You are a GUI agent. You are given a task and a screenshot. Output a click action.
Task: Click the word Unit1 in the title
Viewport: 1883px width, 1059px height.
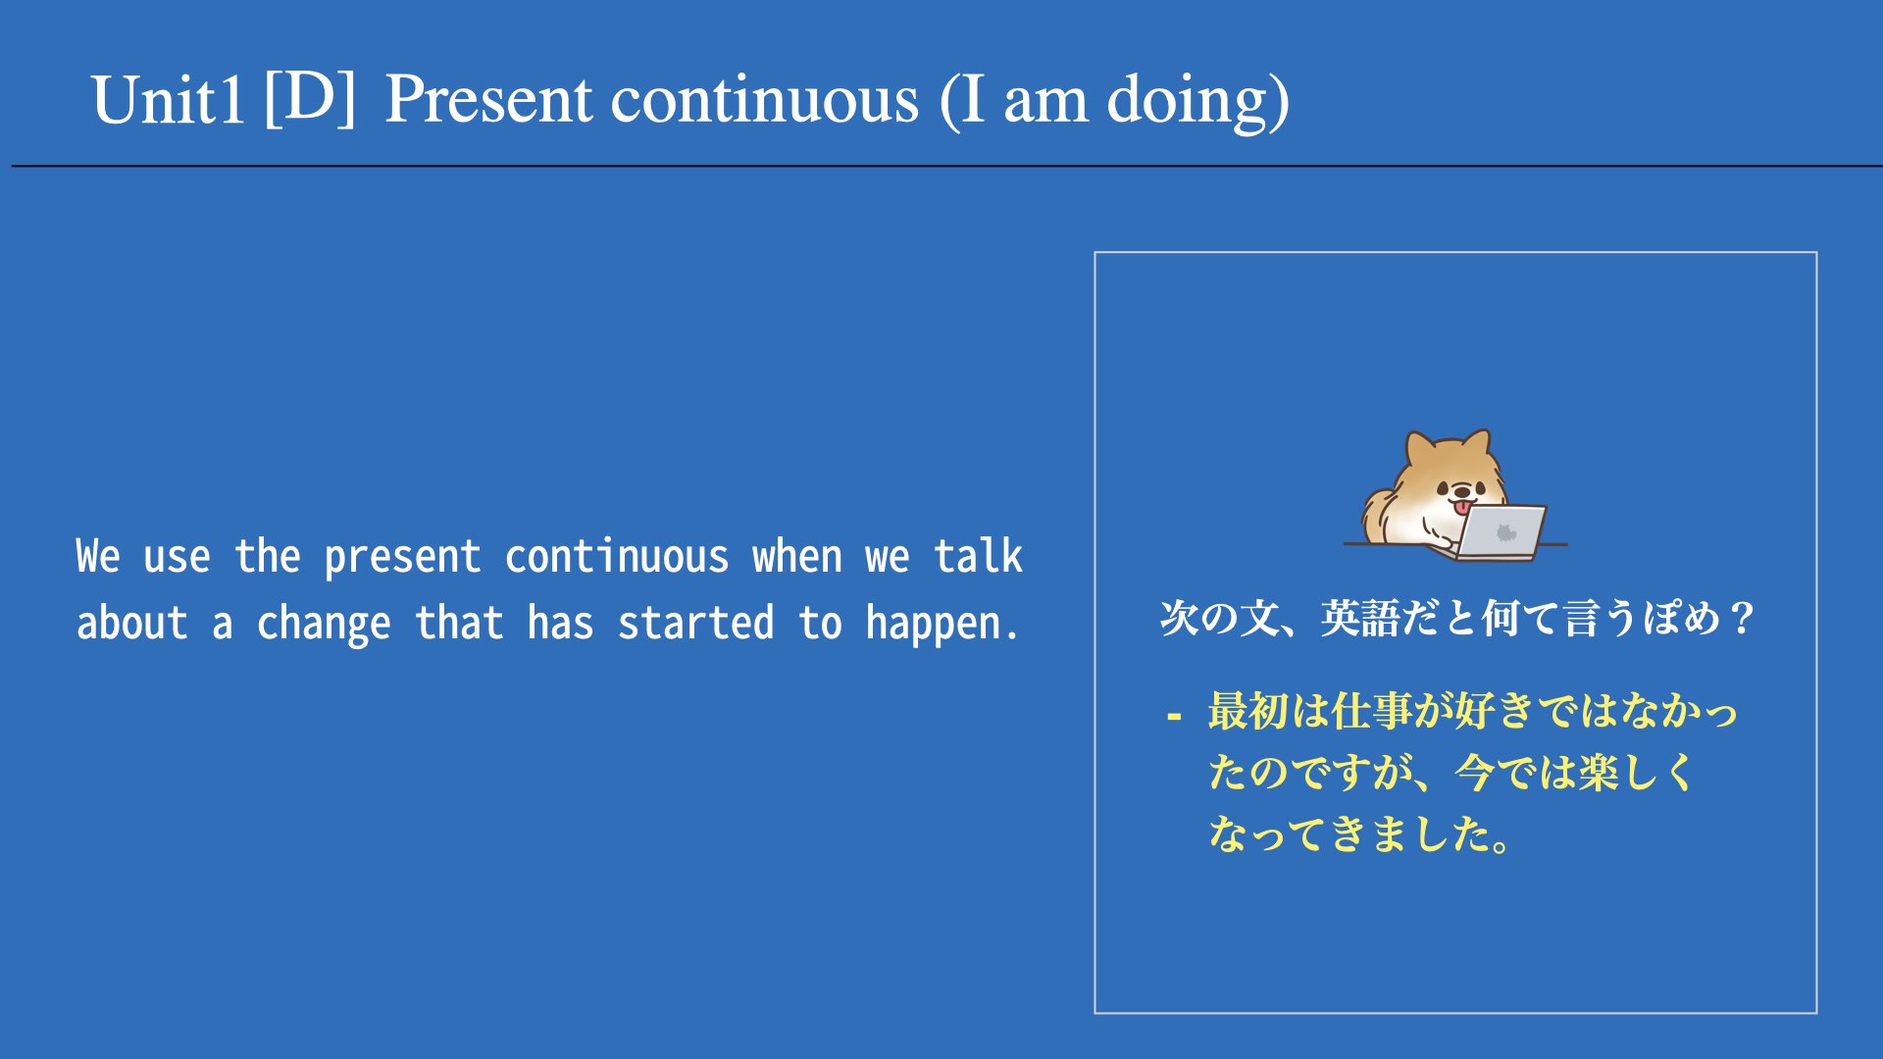tap(168, 101)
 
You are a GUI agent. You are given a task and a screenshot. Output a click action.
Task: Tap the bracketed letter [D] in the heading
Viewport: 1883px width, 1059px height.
tap(310, 98)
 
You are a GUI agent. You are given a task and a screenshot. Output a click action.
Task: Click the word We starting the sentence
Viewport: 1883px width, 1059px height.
tap(98, 556)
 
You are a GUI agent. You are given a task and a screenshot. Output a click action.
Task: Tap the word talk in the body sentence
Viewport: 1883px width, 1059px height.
tap(978, 555)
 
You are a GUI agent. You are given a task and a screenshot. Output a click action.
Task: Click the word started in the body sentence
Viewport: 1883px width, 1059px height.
tap(695, 623)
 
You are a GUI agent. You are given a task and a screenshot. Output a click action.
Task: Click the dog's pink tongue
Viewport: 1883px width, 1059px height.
tap(1462, 506)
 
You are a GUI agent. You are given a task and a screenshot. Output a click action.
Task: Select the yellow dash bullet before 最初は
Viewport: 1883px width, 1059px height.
tap(1174, 717)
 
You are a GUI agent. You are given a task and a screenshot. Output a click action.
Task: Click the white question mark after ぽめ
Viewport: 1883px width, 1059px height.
tap(1742, 618)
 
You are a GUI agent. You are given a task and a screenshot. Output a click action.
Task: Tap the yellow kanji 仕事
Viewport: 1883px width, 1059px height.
tap(1371, 711)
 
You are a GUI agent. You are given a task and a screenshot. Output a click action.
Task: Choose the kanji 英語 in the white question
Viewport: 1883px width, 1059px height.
tap(1360, 618)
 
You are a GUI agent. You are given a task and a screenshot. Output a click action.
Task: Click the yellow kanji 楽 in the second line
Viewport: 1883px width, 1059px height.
tap(1599, 773)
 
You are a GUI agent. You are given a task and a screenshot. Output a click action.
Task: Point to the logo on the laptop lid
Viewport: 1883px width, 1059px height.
tap(1505, 532)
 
